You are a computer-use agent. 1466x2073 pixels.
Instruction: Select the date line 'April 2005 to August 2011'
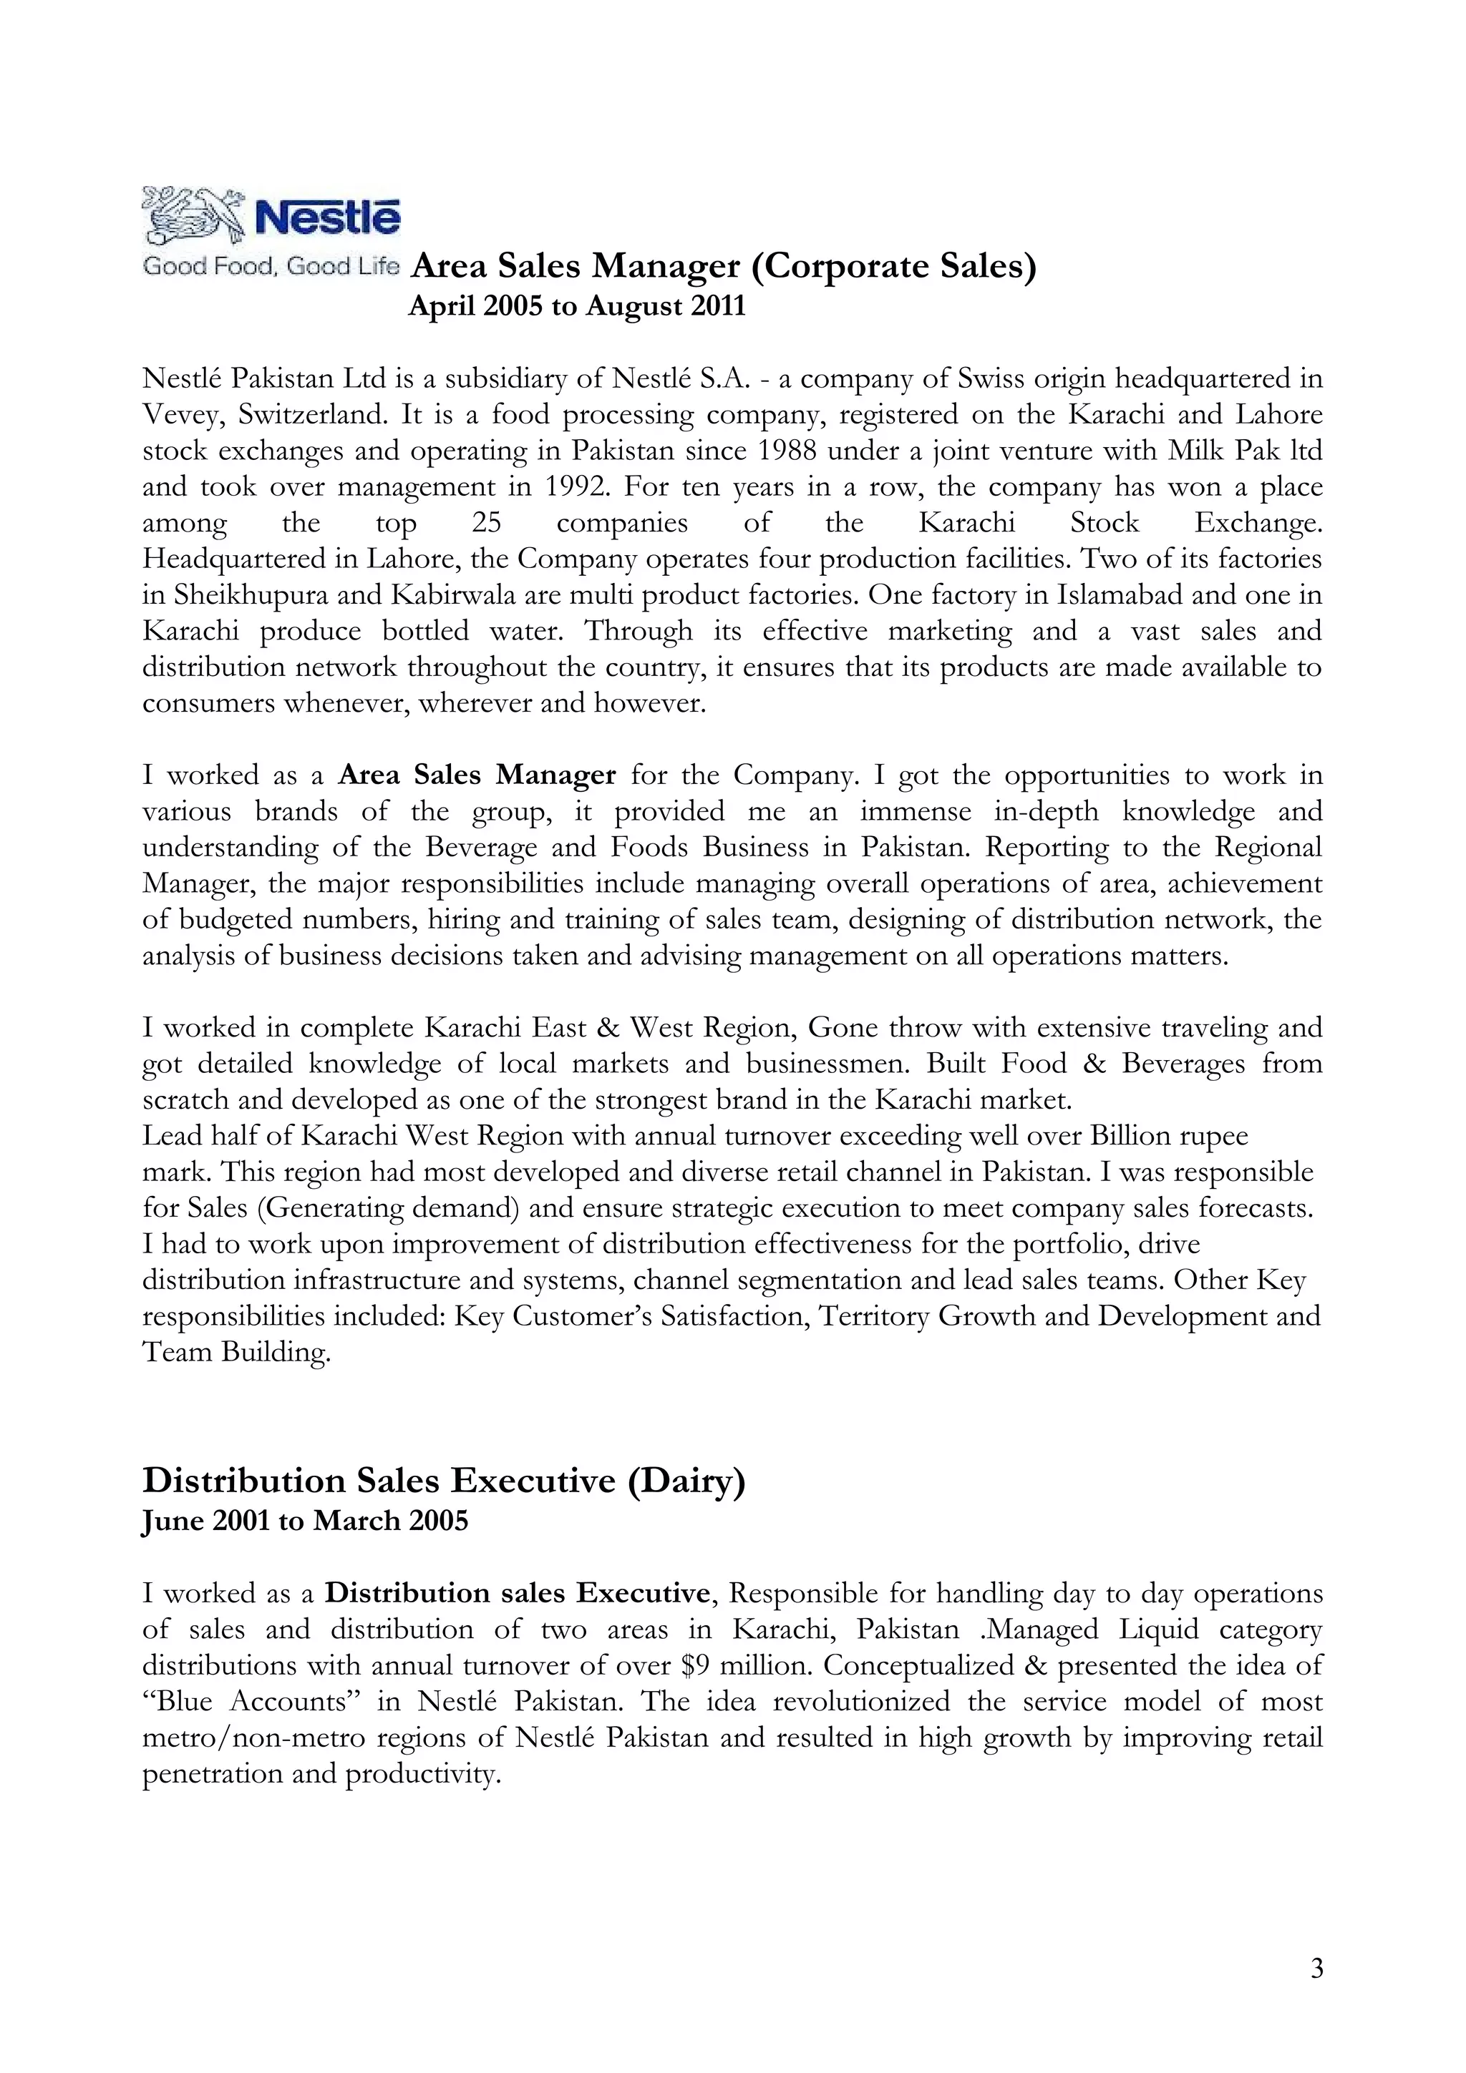[577, 306]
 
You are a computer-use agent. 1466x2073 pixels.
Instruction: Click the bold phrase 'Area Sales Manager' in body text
[477, 775]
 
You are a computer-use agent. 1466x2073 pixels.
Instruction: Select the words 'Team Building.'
[237, 1352]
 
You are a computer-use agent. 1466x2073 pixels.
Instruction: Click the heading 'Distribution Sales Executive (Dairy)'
[444, 1481]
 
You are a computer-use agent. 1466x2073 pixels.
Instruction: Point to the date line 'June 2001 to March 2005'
[306, 1521]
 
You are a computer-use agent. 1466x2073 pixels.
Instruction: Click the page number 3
[1316, 1969]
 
